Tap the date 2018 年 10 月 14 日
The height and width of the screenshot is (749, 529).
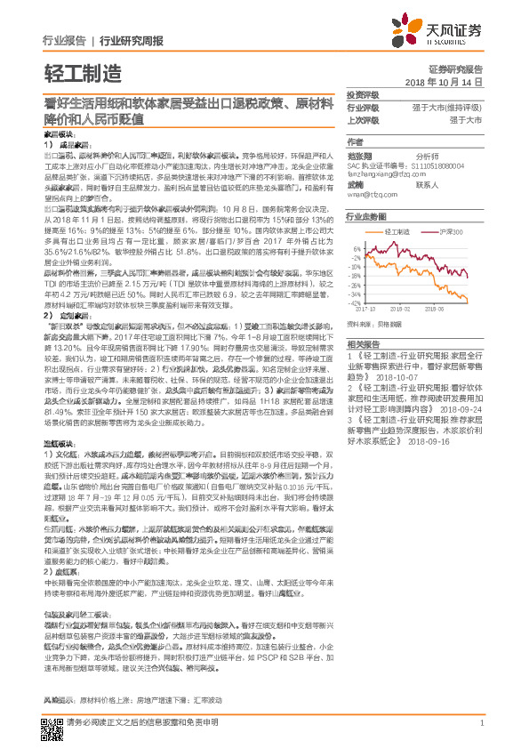click(443, 81)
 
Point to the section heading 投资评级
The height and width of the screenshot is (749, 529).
click(362, 94)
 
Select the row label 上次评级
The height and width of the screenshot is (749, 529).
click(362, 119)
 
